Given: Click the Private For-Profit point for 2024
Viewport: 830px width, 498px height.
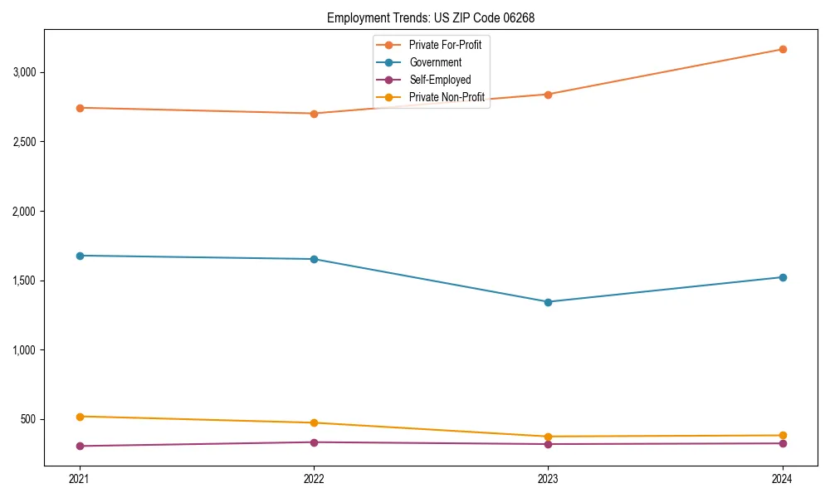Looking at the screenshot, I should point(782,49).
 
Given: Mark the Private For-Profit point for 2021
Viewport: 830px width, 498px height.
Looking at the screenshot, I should point(80,108).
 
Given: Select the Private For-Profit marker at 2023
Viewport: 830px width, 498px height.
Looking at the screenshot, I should point(548,95).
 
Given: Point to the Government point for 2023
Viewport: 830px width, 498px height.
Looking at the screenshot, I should point(548,302).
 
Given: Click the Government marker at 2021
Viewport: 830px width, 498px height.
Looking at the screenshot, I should point(80,256).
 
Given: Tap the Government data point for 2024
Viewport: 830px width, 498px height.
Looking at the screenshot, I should point(782,277).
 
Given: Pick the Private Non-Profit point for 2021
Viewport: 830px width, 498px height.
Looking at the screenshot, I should point(80,417).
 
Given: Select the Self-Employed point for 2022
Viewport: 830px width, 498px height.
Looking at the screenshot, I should point(314,442).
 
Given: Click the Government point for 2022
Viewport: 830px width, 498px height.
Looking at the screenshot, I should point(314,259).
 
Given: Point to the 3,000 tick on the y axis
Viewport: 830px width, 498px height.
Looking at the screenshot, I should point(25,72).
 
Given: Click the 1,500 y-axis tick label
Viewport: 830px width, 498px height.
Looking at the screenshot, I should point(25,281).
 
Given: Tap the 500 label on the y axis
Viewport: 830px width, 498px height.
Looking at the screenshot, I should point(29,419).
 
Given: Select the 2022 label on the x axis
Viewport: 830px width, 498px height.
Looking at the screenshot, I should point(314,478).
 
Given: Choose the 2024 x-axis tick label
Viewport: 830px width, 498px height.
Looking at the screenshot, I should point(782,478).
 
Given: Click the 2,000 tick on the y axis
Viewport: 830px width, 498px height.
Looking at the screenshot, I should point(25,212).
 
